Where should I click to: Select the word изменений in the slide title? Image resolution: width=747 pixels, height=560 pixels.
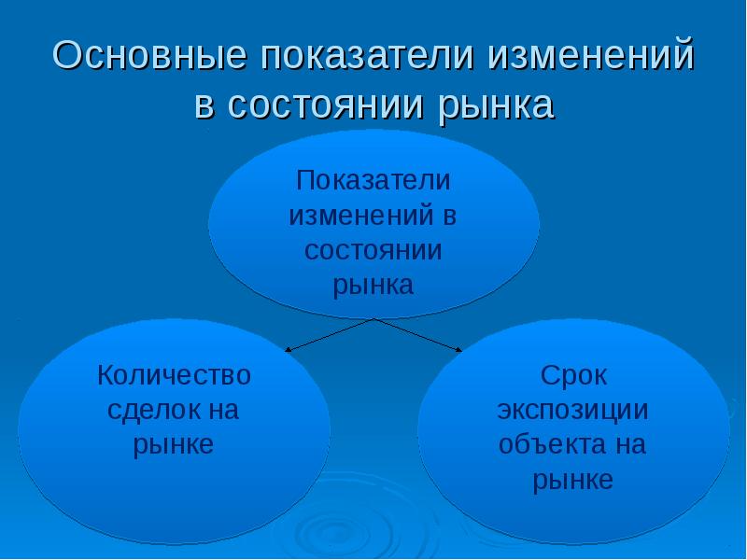point(590,58)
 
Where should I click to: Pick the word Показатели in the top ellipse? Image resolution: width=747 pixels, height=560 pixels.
point(373,179)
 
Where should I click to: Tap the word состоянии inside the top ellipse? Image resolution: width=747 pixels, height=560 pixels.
point(373,249)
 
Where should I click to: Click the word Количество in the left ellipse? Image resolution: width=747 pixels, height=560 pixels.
point(175,375)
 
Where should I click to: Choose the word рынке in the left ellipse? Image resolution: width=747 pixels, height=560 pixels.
point(175,444)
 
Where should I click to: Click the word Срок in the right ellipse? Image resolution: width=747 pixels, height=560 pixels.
point(573,375)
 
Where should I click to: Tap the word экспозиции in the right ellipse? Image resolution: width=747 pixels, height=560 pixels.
point(573,410)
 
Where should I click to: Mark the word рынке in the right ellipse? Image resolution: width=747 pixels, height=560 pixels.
point(573,480)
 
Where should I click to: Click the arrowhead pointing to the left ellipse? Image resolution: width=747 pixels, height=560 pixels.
point(288,351)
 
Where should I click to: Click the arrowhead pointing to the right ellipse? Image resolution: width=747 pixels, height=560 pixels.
point(458,351)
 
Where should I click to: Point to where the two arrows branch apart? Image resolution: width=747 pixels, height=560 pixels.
point(374,319)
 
